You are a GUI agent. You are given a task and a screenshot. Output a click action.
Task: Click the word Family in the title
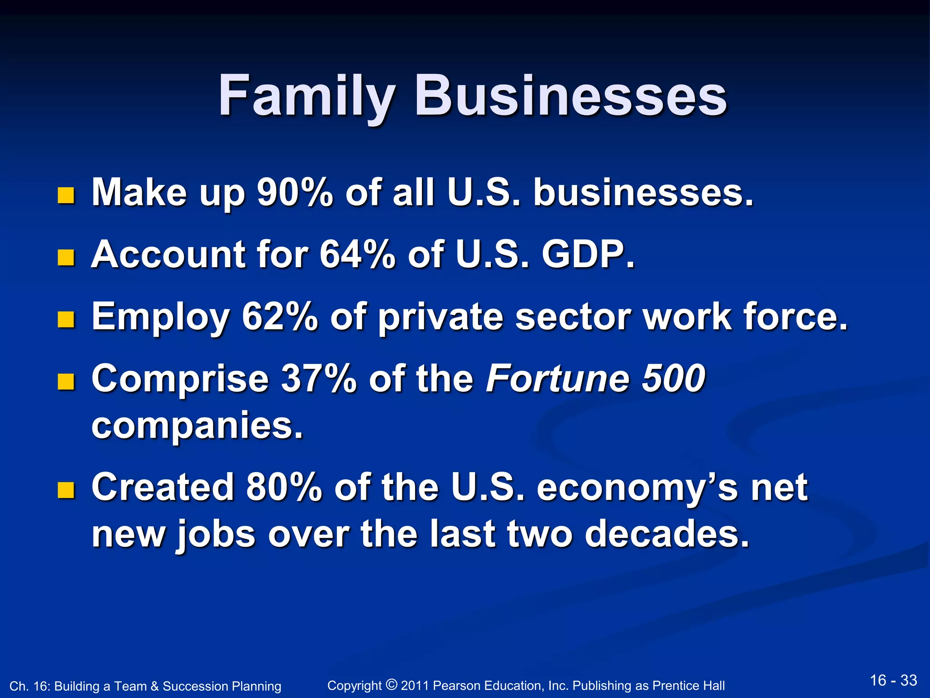point(307,96)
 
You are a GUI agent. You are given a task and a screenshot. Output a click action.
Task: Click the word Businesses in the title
point(570,96)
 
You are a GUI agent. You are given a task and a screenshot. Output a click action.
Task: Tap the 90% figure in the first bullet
point(295,192)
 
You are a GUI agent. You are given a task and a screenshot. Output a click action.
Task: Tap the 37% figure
point(319,378)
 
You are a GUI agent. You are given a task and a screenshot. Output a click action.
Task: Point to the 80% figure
point(284,487)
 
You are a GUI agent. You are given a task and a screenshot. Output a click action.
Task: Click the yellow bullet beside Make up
point(66,196)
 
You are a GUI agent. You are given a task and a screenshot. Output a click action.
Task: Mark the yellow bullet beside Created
point(66,490)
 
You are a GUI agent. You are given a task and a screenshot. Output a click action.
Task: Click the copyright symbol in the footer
point(391,684)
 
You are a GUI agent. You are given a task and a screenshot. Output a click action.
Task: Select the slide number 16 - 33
point(893,680)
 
